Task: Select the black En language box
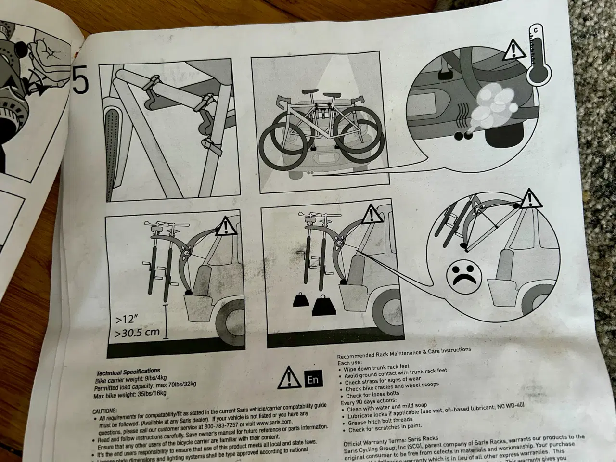313,379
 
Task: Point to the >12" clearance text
127,319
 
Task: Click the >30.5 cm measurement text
137,333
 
